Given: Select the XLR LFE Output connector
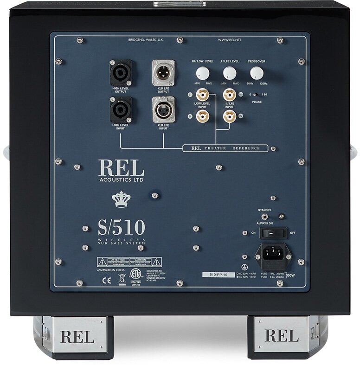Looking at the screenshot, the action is [163, 72].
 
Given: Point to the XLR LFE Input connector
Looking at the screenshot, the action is [163, 110].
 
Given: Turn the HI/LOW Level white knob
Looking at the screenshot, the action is [202, 73].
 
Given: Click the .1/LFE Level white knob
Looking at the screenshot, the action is [229, 73].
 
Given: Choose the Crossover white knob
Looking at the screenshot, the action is [256, 73].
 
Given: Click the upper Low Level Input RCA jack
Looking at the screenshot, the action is [202, 95].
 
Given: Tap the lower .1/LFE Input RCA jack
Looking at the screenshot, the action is [229, 115].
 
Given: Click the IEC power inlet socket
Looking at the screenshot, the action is [273, 254].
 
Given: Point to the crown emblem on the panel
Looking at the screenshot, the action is [121, 199].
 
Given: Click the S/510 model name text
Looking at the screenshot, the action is [121, 228].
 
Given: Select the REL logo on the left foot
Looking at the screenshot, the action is [77, 335].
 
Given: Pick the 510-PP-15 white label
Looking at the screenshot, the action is [219, 275].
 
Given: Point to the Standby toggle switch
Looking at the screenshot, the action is [264, 217].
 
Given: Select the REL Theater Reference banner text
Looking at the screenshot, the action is [225, 149].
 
